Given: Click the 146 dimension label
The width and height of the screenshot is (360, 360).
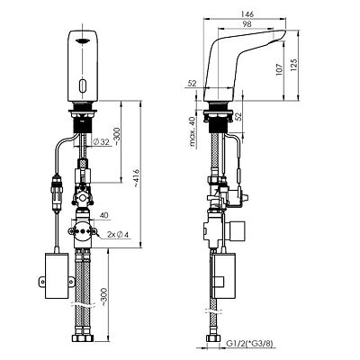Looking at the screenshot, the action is pos(247,14).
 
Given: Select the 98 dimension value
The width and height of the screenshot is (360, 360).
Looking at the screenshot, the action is pos(247,24).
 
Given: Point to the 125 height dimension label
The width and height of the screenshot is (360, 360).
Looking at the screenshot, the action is pos(294,65).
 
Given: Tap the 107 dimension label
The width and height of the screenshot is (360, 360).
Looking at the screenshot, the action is pos(280,69).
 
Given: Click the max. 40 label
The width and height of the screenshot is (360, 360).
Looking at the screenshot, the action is pos(192,131).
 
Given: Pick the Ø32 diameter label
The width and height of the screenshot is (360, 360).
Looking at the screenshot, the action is pos(101,142).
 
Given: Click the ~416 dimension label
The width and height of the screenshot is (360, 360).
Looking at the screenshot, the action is pos(136,178).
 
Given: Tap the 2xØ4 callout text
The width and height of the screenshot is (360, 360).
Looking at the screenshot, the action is pos(118,235).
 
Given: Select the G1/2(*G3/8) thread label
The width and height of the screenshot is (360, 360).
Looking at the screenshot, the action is pos(249,343).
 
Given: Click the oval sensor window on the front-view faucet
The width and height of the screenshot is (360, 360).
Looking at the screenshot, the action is pos(82,85).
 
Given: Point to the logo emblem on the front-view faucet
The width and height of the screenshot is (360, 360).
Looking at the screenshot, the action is pos(82,41).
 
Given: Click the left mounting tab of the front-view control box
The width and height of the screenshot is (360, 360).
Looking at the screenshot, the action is pos(42,282).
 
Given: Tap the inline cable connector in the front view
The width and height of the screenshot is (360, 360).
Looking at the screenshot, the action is pos(57,192).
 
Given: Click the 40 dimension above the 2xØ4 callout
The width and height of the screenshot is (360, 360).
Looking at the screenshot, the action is pos(104,215).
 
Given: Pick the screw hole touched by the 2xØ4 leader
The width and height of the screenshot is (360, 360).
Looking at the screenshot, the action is pos(94,231).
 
